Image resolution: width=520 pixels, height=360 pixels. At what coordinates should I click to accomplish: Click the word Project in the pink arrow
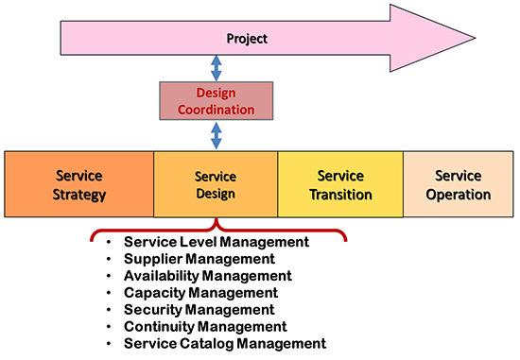pos(247,39)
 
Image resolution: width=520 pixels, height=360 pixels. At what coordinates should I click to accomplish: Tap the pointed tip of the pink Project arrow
pos(509,39)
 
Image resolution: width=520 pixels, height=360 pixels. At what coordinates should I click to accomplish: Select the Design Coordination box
pos(216,101)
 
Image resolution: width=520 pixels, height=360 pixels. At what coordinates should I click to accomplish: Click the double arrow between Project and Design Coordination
pos(216,68)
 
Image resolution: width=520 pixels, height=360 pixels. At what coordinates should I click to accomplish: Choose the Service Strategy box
pos(79,185)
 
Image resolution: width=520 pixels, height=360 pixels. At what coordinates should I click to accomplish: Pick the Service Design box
pos(215,185)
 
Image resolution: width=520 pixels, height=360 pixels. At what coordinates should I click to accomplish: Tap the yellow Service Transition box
pos(339,185)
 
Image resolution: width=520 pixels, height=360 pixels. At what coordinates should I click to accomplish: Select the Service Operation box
pos(458,185)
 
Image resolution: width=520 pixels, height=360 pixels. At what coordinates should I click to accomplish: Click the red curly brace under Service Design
pos(217,230)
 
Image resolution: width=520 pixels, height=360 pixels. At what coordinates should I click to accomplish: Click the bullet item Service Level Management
pos(217,242)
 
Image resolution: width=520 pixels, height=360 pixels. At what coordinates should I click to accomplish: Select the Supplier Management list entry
pos(199,259)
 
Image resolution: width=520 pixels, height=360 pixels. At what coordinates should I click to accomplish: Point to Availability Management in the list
pos(207,276)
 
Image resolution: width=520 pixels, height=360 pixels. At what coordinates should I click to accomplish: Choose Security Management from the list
pos(199,310)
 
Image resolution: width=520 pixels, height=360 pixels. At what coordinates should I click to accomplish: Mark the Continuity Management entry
pos(204,327)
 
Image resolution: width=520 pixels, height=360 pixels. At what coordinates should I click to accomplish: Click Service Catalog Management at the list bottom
pos(224,344)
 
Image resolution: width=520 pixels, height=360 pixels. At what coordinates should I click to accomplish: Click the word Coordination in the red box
pos(216,109)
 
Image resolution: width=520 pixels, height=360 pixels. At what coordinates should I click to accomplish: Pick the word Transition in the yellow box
pos(339,195)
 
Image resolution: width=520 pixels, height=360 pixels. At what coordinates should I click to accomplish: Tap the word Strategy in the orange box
pos(79,195)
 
